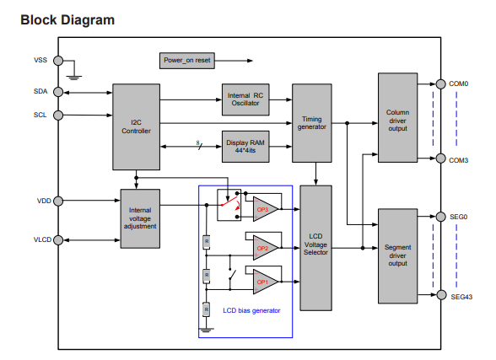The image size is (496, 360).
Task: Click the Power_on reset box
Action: (x=187, y=61)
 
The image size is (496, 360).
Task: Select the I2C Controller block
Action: (x=137, y=126)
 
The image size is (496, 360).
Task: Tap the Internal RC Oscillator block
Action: (x=245, y=99)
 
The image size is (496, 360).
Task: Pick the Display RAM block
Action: (x=245, y=147)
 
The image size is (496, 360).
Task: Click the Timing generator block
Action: (x=312, y=123)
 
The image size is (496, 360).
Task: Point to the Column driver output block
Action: (x=397, y=117)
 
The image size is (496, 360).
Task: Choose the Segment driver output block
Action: (x=397, y=256)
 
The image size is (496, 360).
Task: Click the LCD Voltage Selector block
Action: (x=315, y=248)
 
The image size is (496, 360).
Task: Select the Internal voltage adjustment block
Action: (x=140, y=218)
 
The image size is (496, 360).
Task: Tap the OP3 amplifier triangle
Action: (x=264, y=209)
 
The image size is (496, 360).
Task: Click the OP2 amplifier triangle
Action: (x=264, y=248)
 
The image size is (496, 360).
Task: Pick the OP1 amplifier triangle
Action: (x=264, y=282)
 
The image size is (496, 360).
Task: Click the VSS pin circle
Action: (x=58, y=61)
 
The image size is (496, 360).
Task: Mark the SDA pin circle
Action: (x=58, y=92)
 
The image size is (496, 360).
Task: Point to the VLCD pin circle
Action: (x=58, y=240)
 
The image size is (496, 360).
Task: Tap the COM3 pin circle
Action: (x=440, y=159)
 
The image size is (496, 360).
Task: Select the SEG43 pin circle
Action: (x=441, y=295)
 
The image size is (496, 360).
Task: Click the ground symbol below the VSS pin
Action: (x=74, y=78)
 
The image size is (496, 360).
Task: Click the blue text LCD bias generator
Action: (x=251, y=311)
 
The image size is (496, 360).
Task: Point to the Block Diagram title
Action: (x=67, y=20)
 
